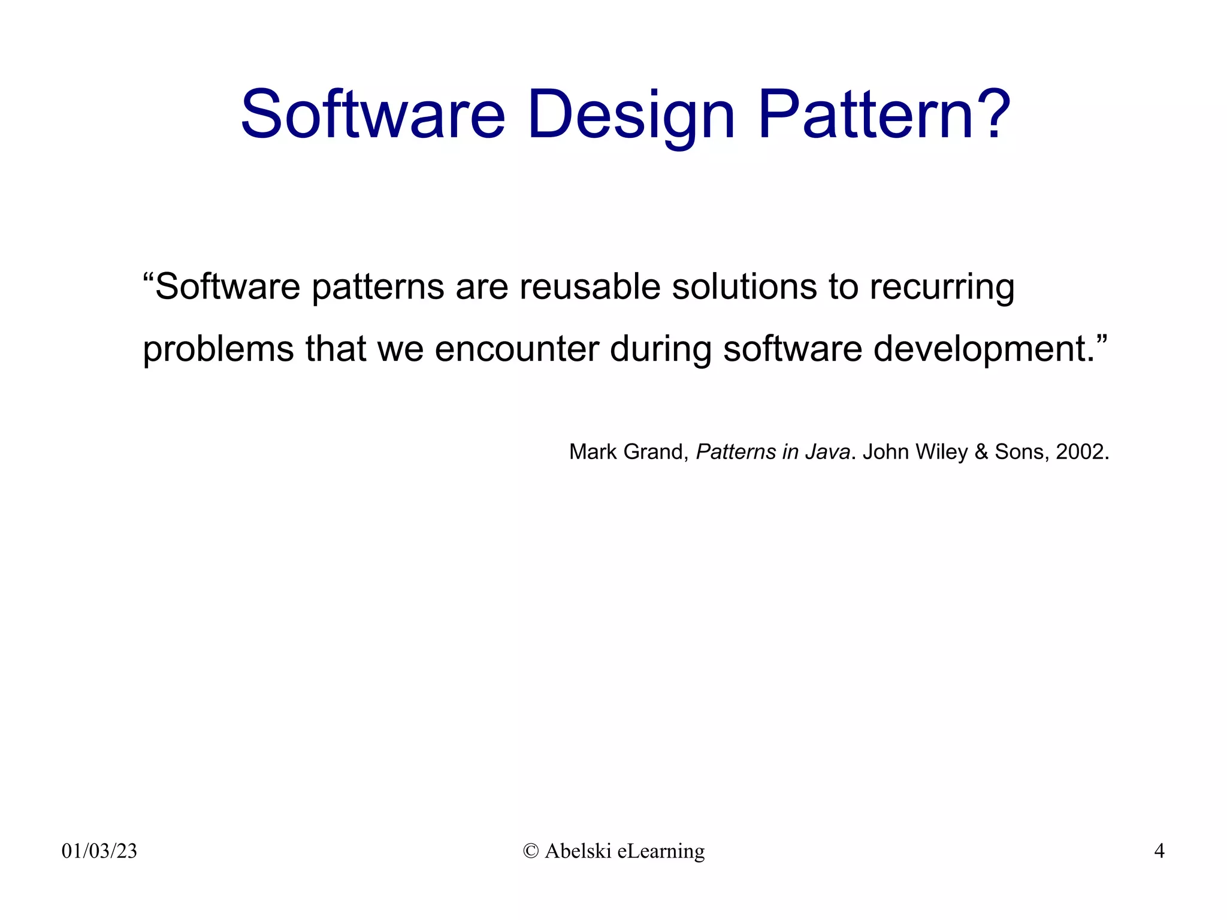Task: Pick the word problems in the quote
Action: (x=218, y=349)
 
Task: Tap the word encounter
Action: (x=516, y=349)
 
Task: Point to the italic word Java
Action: (x=827, y=452)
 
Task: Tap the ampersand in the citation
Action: (x=981, y=452)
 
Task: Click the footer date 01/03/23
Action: (x=99, y=851)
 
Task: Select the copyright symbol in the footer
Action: (x=531, y=851)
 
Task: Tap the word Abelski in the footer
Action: (x=578, y=851)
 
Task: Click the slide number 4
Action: (x=1159, y=851)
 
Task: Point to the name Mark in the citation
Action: (x=593, y=452)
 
